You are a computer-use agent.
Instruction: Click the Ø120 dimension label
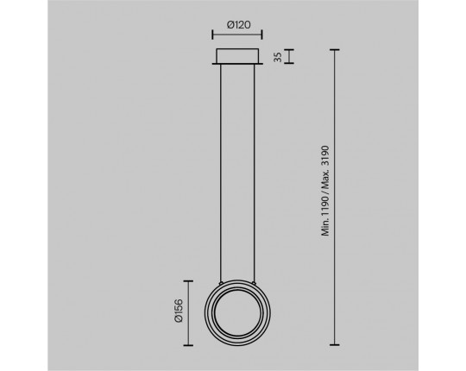pyautogui.click(x=239, y=25)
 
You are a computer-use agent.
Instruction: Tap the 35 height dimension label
pyautogui.click(x=278, y=57)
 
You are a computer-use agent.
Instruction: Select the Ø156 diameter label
pyautogui.click(x=179, y=311)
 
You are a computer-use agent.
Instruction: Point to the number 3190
pyautogui.click(x=326, y=156)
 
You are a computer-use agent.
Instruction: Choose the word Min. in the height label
pyautogui.click(x=326, y=227)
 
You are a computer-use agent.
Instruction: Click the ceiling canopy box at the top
pyautogui.click(x=237, y=56)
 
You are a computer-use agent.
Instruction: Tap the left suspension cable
pyautogui.click(x=220, y=173)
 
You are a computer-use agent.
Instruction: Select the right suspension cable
pyautogui.click(x=255, y=173)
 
